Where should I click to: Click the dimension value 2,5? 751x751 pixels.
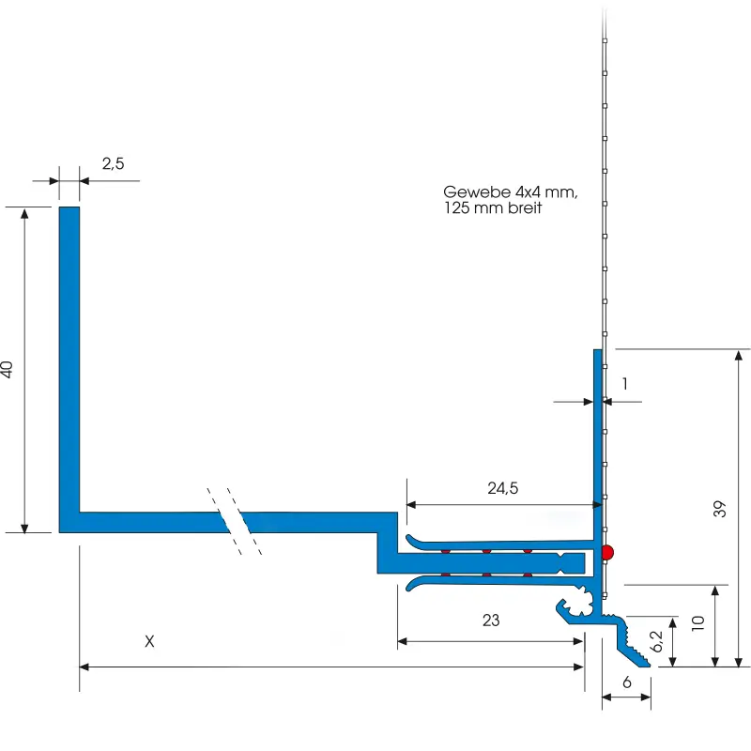click(113, 163)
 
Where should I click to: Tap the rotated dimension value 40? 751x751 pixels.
click(8, 369)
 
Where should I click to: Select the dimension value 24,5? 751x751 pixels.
click(503, 488)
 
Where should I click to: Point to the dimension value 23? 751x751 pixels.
click(491, 621)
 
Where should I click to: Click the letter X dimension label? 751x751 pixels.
click(149, 641)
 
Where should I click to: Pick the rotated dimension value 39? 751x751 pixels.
click(719, 509)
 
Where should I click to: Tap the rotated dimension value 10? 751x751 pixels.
click(697, 623)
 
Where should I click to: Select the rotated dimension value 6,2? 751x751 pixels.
click(656, 641)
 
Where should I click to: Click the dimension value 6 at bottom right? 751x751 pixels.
click(627, 682)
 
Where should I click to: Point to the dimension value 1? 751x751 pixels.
click(624, 384)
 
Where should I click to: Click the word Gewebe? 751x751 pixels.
click(477, 192)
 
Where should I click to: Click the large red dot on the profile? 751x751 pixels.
click(606, 552)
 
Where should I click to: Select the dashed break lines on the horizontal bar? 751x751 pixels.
click(234, 521)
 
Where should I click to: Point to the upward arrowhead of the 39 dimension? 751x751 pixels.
click(739, 356)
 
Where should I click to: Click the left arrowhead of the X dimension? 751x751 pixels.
click(84, 667)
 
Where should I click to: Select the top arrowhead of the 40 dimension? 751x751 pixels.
click(24, 213)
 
